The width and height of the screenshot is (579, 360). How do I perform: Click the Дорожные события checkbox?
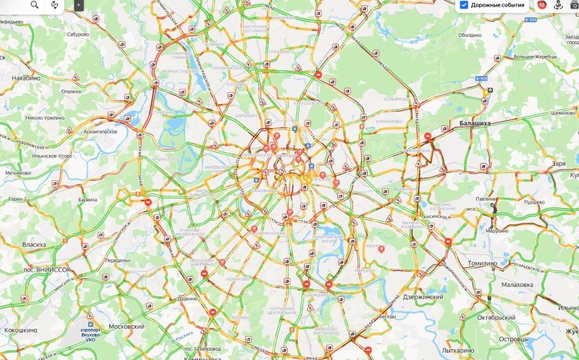coord(464,5)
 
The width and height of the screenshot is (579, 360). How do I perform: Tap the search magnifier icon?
coord(34,5)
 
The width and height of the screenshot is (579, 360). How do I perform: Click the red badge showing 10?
coord(541,5)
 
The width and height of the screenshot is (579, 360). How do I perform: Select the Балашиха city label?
coord(475,124)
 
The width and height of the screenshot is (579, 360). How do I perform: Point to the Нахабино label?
coord(25,78)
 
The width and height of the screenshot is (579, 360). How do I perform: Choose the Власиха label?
coord(34,245)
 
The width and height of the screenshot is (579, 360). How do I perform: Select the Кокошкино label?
coord(20,330)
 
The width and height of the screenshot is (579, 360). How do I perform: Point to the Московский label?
coord(127,327)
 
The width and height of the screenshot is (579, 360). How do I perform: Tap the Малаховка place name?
coord(517,285)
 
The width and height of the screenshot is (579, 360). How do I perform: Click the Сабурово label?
coord(77,34)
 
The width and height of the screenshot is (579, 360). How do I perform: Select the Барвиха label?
coord(88,199)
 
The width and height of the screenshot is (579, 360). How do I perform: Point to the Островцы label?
coord(514,339)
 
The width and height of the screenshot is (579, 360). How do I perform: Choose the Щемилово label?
coord(562,113)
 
